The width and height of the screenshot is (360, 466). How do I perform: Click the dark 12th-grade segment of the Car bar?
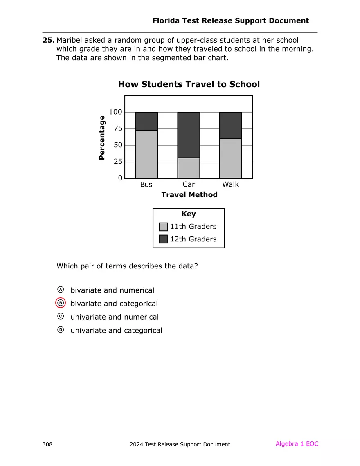click(189, 135)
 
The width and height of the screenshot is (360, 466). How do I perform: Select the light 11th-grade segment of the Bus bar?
click(146, 154)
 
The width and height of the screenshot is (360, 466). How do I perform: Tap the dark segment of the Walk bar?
click(230, 125)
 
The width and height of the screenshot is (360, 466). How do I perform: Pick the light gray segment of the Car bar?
click(189, 168)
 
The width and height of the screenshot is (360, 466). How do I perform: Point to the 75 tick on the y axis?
click(117, 128)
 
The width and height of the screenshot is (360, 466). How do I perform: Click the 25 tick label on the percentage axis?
click(117, 162)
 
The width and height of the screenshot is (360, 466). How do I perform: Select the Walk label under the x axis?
click(230, 185)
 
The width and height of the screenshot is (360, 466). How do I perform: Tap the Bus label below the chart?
click(146, 185)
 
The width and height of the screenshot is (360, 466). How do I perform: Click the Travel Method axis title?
click(189, 195)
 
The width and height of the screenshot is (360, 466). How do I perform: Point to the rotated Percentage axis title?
click(102, 137)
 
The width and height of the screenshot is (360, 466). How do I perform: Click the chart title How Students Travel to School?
click(189, 84)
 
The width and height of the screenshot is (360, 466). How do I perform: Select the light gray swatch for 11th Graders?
click(163, 227)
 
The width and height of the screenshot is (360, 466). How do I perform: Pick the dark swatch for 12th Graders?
click(163, 239)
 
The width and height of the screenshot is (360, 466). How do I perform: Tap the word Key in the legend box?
click(189, 214)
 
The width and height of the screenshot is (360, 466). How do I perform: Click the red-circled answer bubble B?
click(61, 303)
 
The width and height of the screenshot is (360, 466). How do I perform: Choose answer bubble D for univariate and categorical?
click(61, 330)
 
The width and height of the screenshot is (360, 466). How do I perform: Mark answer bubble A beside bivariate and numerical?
click(61, 290)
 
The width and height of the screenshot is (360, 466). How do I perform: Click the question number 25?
click(48, 40)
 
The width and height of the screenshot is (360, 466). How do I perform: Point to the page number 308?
click(47, 444)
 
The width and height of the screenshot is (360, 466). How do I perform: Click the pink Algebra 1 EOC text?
click(297, 444)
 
